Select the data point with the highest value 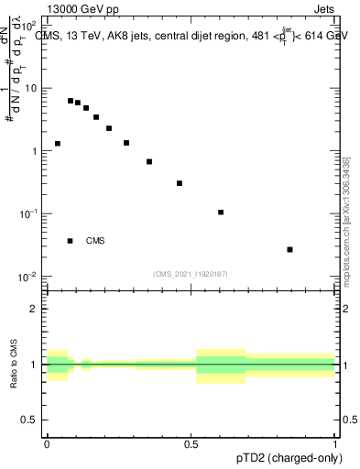pyautogui.click(x=71, y=101)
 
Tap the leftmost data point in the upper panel pyautogui.click(x=58, y=144)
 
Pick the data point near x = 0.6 pyautogui.click(x=221, y=213)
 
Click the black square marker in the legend pyautogui.click(x=71, y=241)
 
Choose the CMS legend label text pyautogui.click(x=95, y=241)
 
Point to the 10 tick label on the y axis pyautogui.click(x=31, y=89)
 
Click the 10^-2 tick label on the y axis pyautogui.click(x=29, y=277)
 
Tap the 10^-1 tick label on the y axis pyautogui.click(x=29, y=213)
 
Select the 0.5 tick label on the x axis pyautogui.click(x=191, y=442)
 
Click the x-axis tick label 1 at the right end pyautogui.click(x=335, y=442)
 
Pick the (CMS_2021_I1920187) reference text pyautogui.click(x=191, y=273)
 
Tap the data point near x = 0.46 pyautogui.click(x=180, y=183)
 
